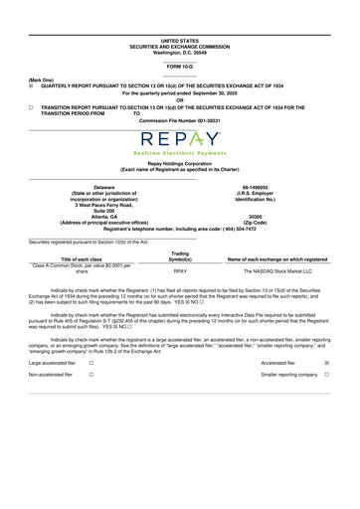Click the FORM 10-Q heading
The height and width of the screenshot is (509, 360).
click(179, 66)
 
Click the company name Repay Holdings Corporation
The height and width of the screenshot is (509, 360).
click(179, 164)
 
